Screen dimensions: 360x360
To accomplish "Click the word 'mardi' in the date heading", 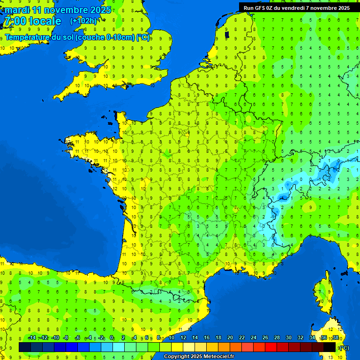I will [17, 10].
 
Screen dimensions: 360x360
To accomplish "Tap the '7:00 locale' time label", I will [33, 21].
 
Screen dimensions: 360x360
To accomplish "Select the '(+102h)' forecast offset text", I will [83, 21].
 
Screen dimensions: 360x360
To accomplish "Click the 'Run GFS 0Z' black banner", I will [296, 7].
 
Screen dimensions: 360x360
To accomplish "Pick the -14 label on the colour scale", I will [32, 338].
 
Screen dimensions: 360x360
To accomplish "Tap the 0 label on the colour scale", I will [112, 338].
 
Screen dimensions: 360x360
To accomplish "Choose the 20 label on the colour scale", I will [230, 338].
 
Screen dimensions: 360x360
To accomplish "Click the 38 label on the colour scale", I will [335, 338].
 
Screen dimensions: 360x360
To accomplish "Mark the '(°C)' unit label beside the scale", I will [344, 347].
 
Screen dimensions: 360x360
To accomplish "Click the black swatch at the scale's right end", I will [330, 347].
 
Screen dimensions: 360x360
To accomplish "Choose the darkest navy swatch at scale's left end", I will [25, 347].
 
